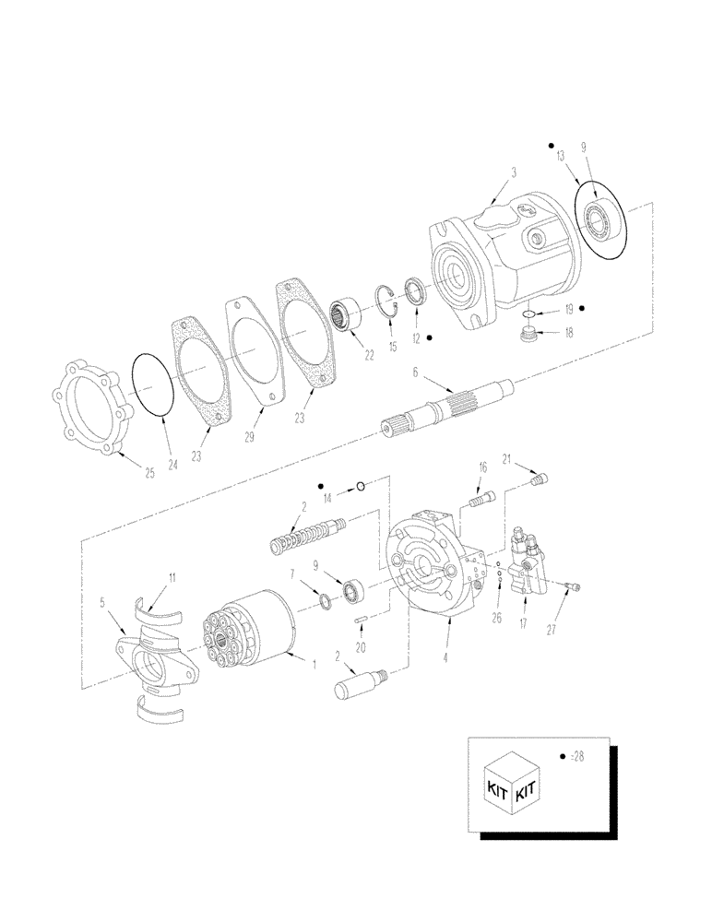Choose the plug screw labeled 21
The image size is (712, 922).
tap(541, 478)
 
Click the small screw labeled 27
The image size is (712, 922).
tap(570, 585)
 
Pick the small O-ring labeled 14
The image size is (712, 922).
tap(362, 486)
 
